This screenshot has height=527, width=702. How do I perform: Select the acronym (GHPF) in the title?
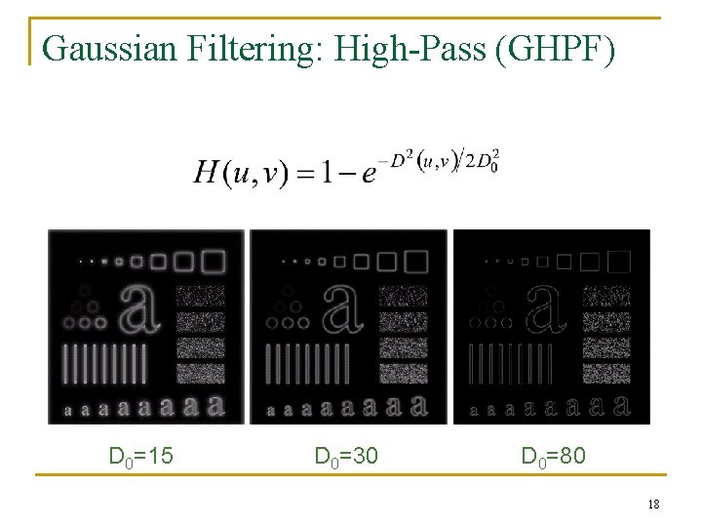pos(556,47)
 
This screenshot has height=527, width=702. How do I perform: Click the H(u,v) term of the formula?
pos(240,175)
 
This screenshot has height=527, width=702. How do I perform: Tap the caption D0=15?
pos(140,456)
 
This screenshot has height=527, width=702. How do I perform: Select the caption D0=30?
pos(346,456)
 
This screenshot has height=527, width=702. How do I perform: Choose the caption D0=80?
pos(554,456)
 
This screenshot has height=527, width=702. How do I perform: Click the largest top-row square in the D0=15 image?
pos(213,261)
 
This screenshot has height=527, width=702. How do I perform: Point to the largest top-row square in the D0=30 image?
pos(416,261)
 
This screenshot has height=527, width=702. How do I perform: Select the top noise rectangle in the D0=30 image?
pos(404,296)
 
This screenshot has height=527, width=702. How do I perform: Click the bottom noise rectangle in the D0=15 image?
pos(201,372)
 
